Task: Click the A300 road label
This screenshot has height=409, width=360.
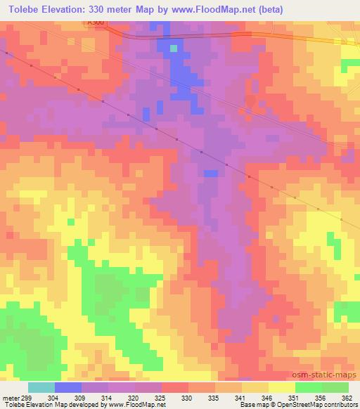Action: pos(96,24)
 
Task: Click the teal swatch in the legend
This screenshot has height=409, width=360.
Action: pos(41,387)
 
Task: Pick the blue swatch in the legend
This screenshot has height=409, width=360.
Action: pos(68,387)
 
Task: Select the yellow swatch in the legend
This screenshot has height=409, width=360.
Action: pos(281,387)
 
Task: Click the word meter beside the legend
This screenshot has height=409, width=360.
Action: pos(11,397)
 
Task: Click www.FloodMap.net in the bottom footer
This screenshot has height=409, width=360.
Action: pos(137,405)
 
